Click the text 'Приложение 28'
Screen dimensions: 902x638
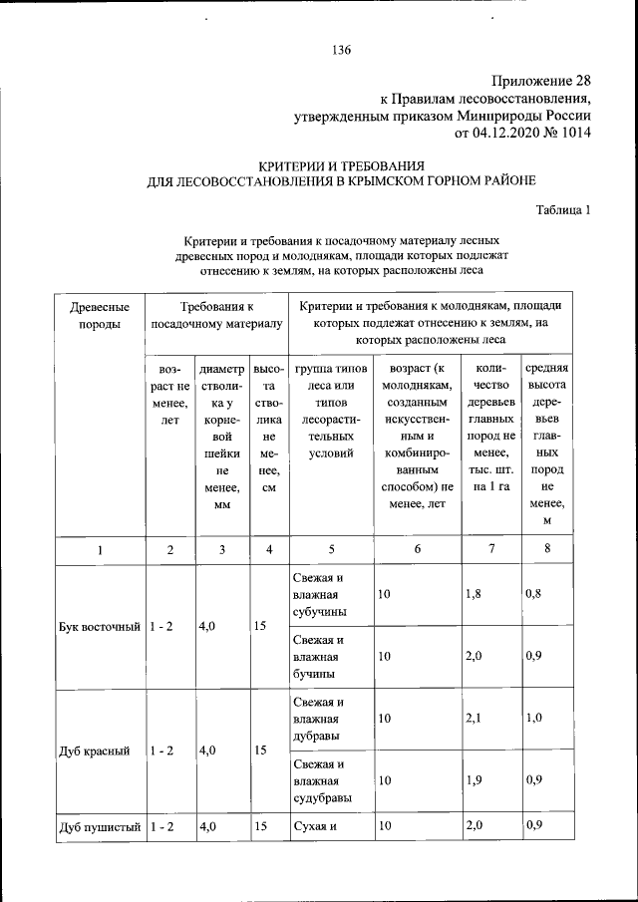[542, 81]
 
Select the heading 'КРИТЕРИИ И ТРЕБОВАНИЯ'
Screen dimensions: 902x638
[342, 164]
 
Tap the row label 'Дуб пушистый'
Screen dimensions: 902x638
[98, 825]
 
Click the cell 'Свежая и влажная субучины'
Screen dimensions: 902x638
[323, 595]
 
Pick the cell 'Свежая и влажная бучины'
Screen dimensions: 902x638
[323, 657]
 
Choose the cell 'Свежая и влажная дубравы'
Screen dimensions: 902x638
[323, 719]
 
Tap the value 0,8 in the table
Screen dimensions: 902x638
[534, 595]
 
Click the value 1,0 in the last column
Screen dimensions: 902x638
[534, 719]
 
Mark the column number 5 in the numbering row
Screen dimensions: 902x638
[330, 548]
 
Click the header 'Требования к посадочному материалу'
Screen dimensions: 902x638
[216, 314]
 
